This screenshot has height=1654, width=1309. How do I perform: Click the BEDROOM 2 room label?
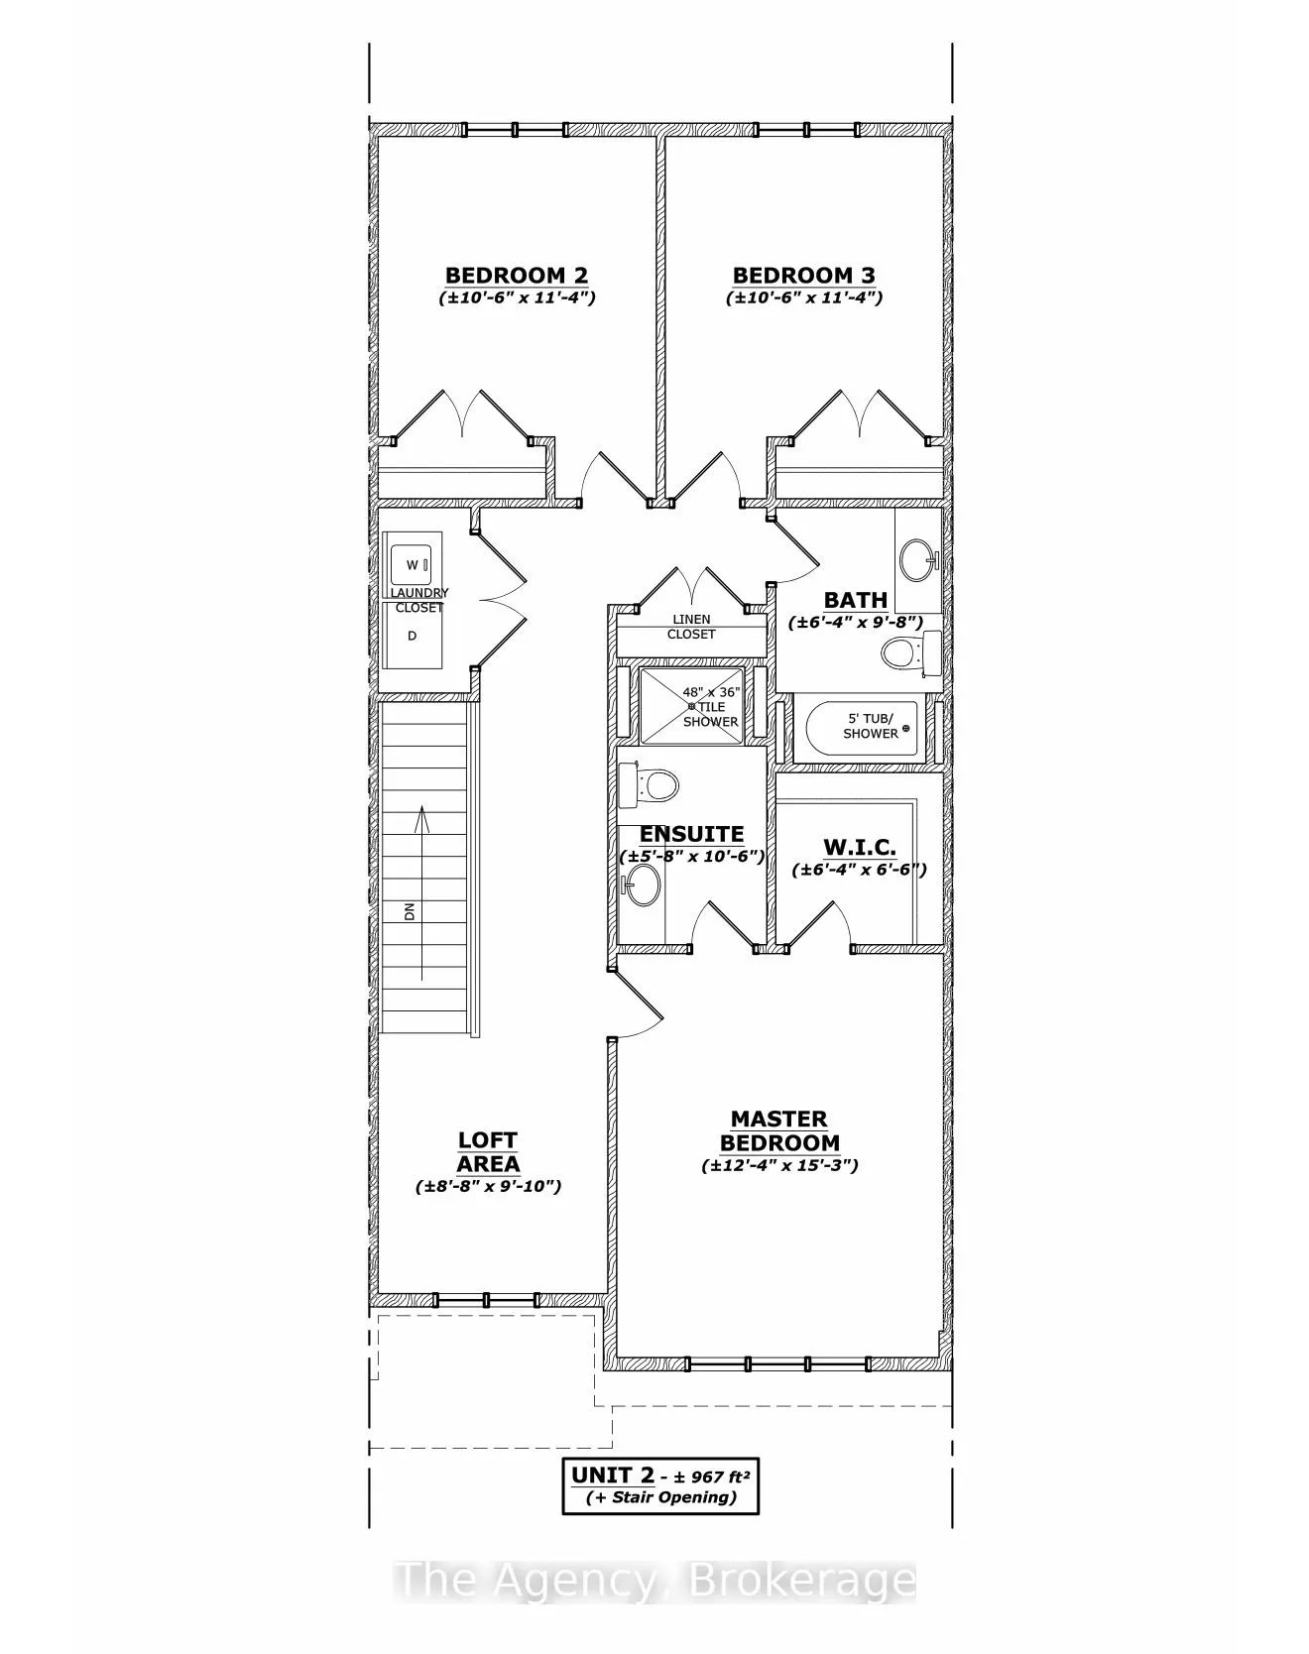pyautogui.click(x=516, y=276)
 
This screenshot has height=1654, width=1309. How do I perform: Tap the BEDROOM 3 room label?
pyautogui.click(x=803, y=276)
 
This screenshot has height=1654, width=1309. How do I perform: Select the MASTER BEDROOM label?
pyautogui.click(x=779, y=1131)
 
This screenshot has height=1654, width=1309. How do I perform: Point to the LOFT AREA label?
pyautogui.click(x=488, y=1152)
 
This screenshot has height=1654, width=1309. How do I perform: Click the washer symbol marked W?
pyautogui.click(x=412, y=565)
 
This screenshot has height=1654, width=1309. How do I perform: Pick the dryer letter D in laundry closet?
pyautogui.click(x=413, y=636)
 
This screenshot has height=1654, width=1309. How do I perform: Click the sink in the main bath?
pyautogui.click(x=918, y=560)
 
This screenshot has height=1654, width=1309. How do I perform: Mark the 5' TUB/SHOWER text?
pyautogui.click(x=870, y=726)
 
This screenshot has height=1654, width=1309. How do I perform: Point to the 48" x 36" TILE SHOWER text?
pyautogui.click(x=710, y=707)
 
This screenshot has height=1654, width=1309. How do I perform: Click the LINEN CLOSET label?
pyautogui.click(x=691, y=627)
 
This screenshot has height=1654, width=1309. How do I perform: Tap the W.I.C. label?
pyautogui.click(x=859, y=848)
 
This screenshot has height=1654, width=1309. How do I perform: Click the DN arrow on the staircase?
pyautogui.click(x=421, y=892)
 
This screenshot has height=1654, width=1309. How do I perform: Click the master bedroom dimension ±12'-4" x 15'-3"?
pyautogui.click(x=779, y=1166)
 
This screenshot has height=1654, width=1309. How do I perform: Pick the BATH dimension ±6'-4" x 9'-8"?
pyautogui.click(x=856, y=623)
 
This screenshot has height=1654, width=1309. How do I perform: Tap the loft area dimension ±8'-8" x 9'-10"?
pyautogui.click(x=488, y=1186)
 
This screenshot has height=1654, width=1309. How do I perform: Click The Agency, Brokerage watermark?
pyautogui.click(x=654, y=1581)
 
